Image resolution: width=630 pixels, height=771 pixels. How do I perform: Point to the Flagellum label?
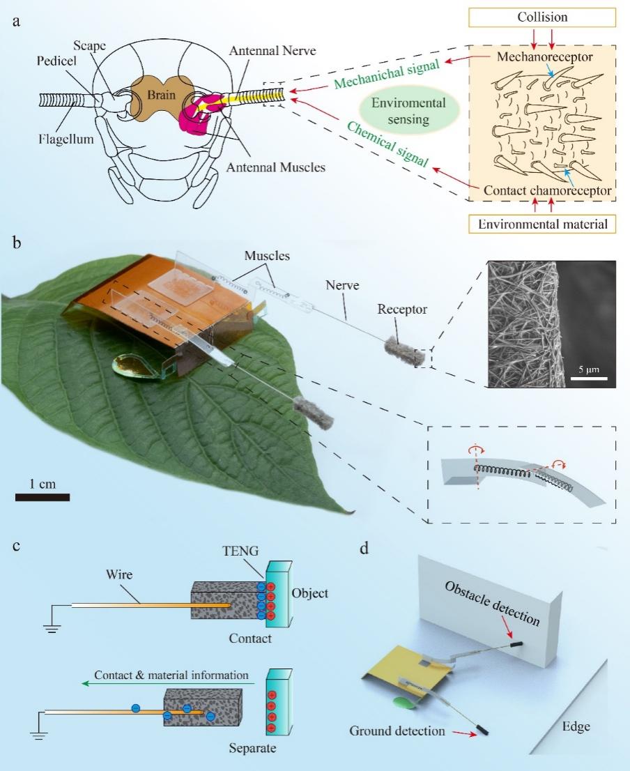tap(66, 139)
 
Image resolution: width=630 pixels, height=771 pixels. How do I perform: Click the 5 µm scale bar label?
tap(590, 367)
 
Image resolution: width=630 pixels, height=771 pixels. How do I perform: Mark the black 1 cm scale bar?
tap(42, 497)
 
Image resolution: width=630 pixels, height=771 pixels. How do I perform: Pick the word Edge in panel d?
tap(576, 726)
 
